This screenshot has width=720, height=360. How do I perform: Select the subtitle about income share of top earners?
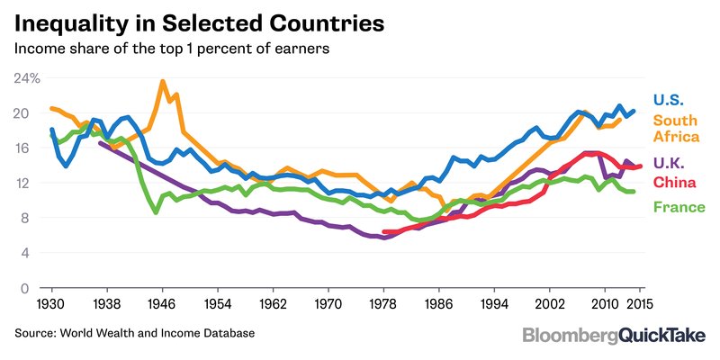[172, 49]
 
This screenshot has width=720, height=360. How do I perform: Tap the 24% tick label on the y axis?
[27, 78]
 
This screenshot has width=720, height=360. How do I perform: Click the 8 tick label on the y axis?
[23, 218]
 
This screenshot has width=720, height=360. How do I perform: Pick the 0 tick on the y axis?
[24, 288]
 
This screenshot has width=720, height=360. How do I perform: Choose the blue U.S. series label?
[670, 101]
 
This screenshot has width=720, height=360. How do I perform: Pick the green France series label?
[679, 208]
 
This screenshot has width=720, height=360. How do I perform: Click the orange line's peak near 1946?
[162, 82]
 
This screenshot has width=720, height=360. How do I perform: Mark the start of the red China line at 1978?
[384, 232]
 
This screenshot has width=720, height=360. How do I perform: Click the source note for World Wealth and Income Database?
[134, 334]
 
